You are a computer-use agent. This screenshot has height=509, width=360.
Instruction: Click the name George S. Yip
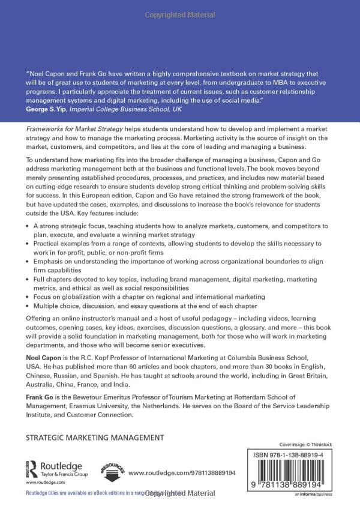47,110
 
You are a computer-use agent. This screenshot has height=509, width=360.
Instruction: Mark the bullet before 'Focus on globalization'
28,297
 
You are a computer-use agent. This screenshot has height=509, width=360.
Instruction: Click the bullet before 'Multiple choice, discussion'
28,306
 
